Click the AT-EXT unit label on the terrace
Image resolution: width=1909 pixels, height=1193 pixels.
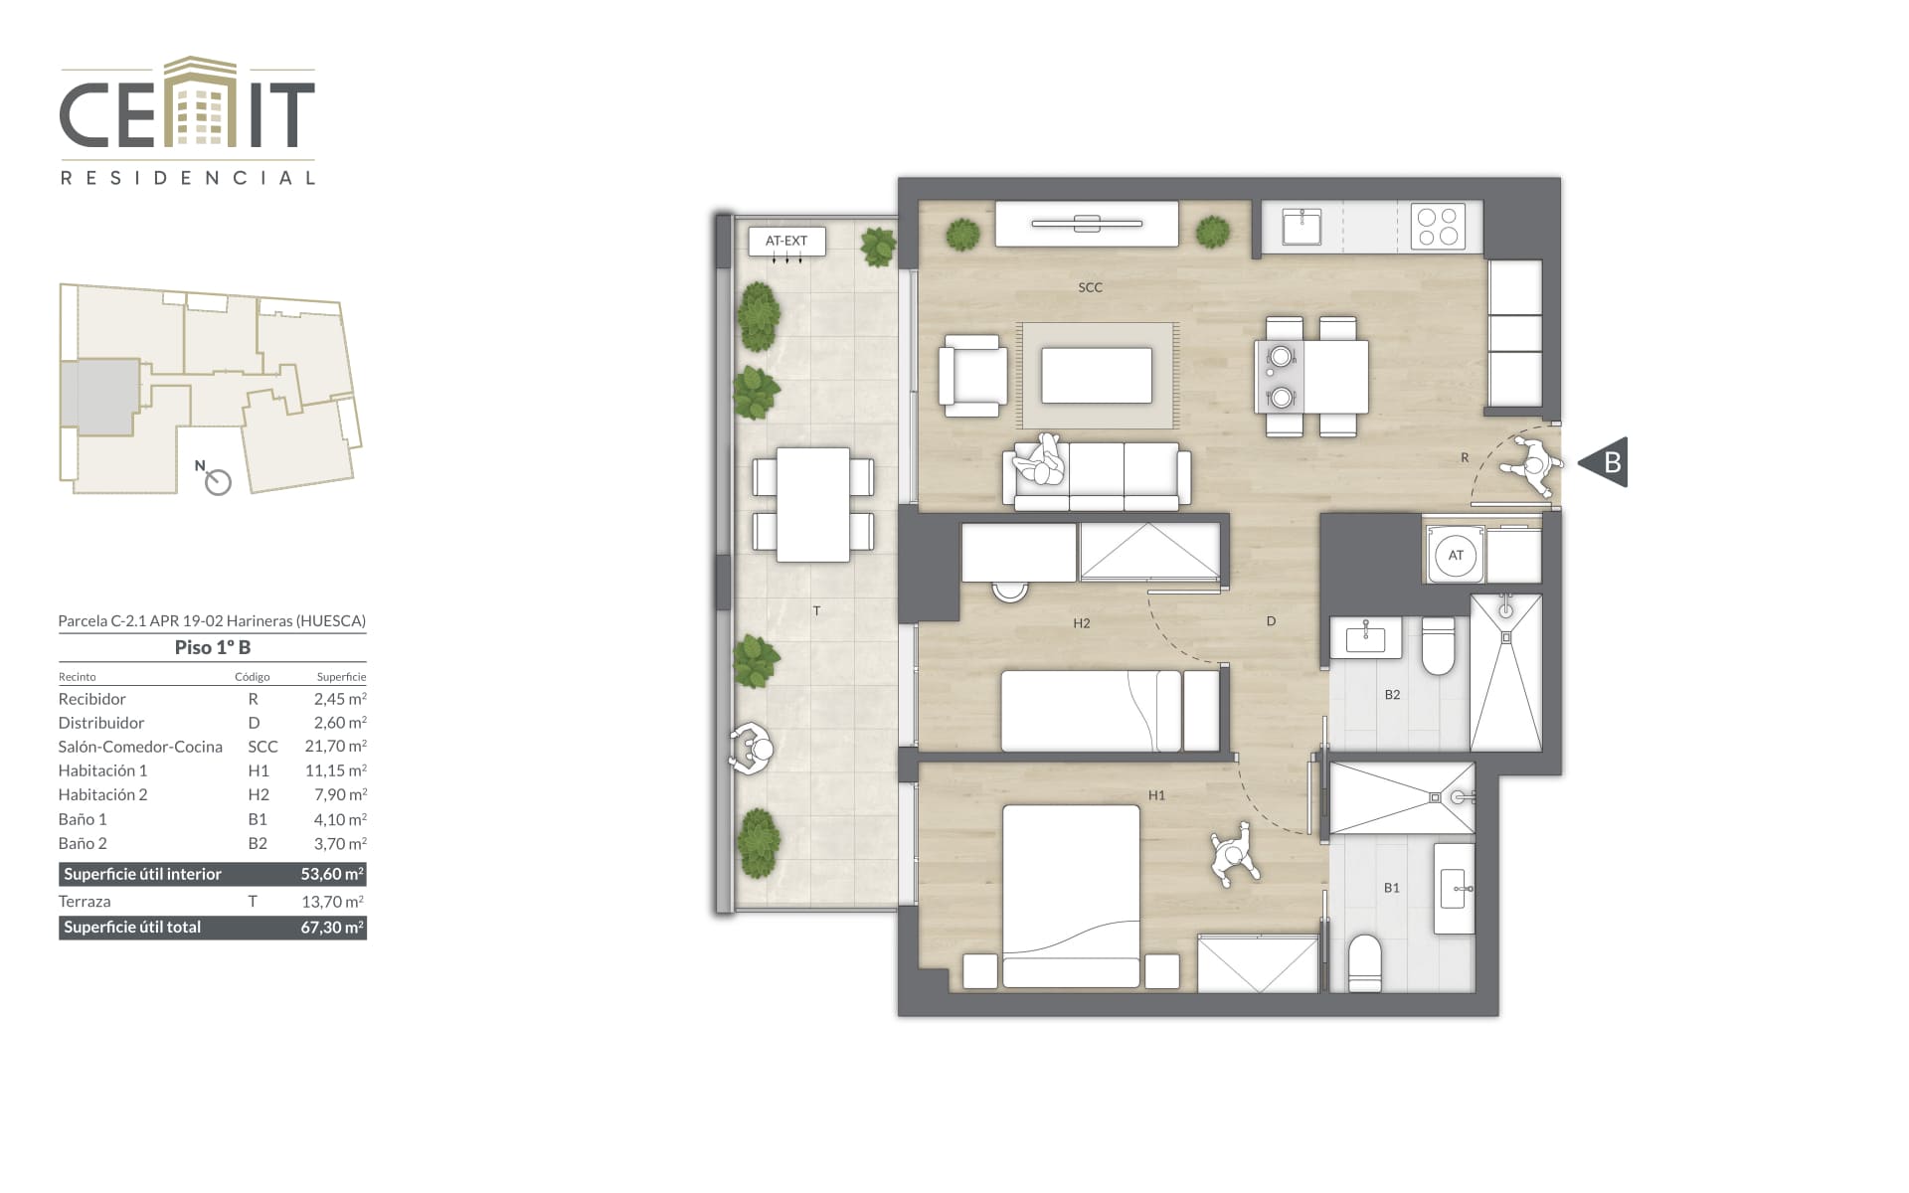[786, 241]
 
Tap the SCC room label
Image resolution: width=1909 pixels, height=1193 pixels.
[1090, 287]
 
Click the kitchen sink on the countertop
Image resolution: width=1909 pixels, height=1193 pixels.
[1302, 226]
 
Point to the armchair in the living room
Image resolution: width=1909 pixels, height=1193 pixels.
[972, 375]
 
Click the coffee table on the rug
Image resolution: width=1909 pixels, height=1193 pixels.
[1097, 375]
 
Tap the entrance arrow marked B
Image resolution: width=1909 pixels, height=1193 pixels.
[1604, 462]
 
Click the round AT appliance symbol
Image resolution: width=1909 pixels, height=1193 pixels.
[1456, 556]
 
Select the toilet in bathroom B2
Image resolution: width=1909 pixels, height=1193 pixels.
[1438, 646]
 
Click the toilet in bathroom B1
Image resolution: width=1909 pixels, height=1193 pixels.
[1364, 963]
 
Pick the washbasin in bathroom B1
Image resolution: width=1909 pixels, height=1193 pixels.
[1454, 888]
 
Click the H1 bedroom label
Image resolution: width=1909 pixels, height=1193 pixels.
[1156, 795]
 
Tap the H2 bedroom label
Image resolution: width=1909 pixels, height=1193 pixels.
[1082, 623]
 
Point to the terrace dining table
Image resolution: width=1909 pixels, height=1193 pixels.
[813, 504]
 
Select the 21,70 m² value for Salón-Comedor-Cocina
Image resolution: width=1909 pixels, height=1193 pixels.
[336, 746]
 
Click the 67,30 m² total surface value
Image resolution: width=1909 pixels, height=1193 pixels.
[332, 927]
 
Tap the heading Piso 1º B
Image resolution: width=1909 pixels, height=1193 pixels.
[213, 647]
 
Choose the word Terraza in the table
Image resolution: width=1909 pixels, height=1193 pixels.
[85, 902]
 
